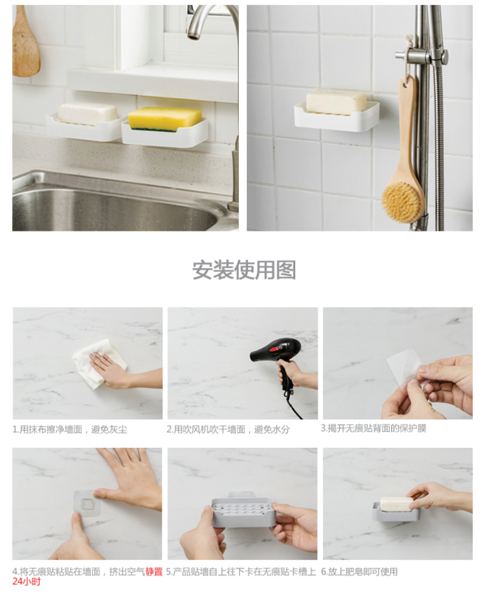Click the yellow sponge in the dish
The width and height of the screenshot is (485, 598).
[x=165, y=119]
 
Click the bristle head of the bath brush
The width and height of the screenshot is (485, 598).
[x=402, y=202]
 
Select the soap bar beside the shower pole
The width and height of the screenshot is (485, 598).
[x=336, y=101]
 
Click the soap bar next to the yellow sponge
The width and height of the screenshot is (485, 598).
[x=87, y=113]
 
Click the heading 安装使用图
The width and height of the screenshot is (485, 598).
[x=244, y=270]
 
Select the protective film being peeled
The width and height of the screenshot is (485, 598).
[x=404, y=368]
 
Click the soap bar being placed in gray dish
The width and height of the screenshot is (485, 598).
[x=396, y=504]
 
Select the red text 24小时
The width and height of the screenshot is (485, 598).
[x=26, y=582]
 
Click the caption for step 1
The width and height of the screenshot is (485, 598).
[x=70, y=430]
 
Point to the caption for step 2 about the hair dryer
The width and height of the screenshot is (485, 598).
[x=228, y=430]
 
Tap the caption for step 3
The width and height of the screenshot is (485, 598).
[x=373, y=428]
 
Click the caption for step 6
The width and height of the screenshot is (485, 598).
[x=360, y=572]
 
